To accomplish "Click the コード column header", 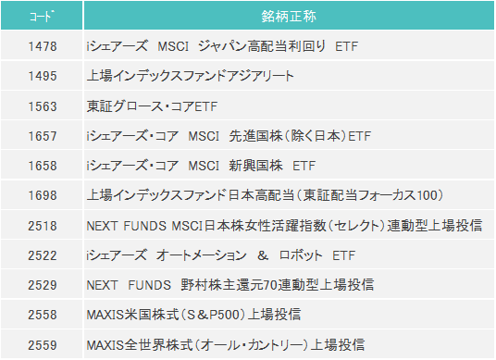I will coord(43,16).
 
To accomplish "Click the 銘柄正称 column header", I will coord(289,16).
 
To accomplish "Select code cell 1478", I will coord(43,46).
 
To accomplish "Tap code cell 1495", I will coord(43,76).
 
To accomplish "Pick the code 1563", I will coord(43,106).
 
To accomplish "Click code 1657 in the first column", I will coord(43,136).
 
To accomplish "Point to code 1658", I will coord(43,166).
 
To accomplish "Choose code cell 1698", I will coord(43,195).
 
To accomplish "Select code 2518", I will coord(43,225).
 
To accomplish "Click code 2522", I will coord(43,254).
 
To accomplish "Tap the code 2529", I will coord(43,285).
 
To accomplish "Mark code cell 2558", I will coord(43,315).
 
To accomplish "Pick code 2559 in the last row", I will coord(43,344).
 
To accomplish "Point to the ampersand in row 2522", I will coord(262,254).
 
